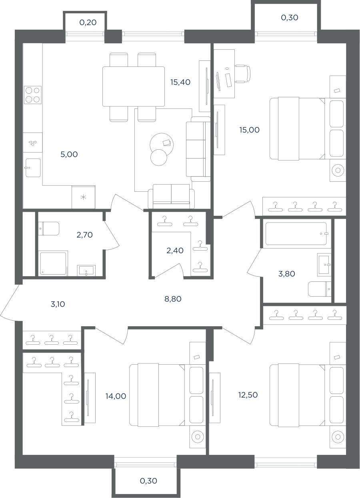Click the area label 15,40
pos(180,82)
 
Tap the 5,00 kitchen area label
pos(69,154)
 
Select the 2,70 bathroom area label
pos(84,235)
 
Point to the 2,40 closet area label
pos(175,251)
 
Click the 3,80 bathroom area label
pos(286,274)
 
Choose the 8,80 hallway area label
pos(173,299)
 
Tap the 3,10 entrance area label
pos(58,304)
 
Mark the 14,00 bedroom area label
pos(116,396)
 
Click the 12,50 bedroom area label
pos(248,395)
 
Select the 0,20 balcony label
pos(88,22)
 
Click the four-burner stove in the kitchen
pos(33,95)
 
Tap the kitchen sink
pos(33,168)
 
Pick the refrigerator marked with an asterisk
pos(83,197)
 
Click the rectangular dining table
pos(134,86)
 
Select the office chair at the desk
pos(242,74)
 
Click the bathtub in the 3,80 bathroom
pos(296,234)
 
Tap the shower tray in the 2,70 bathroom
pos(53,264)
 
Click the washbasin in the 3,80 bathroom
pos(324,265)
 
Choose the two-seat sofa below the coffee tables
pos(171,196)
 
